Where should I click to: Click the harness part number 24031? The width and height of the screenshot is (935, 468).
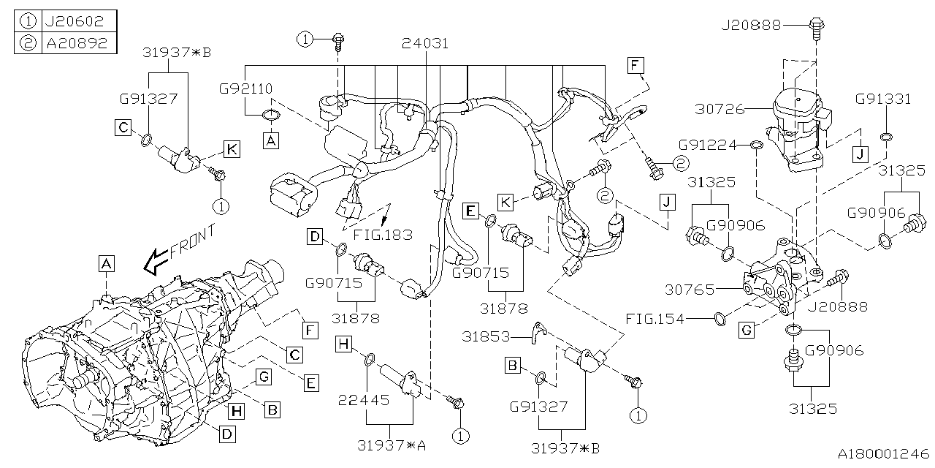(x=425, y=43)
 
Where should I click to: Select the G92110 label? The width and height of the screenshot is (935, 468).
(x=245, y=88)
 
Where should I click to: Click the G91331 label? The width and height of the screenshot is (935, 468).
(x=885, y=99)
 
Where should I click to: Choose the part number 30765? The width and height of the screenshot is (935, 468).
(x=690, y=290)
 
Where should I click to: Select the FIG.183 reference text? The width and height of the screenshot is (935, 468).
(x=381, y=235)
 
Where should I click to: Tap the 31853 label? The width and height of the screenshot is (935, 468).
(x=487, y=336)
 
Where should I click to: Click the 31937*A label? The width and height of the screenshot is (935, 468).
(x=392, y=445)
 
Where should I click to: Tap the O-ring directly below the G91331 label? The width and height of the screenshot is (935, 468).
(x=885, y=137)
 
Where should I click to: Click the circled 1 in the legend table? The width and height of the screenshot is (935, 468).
(x=27, y=21)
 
